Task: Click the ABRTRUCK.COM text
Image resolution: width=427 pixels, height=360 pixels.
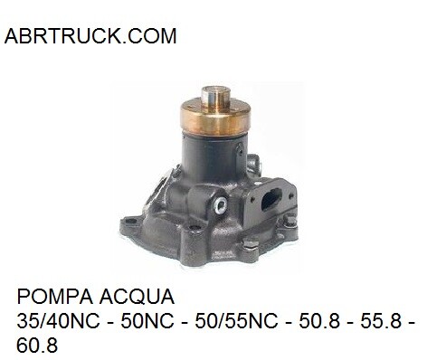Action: (x=90, y=36)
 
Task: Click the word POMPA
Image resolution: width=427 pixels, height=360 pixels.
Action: (x=54, y=297)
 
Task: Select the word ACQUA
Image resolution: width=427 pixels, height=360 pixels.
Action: (x=137, y=297)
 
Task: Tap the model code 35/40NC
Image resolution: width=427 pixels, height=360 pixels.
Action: (x=58, y=321)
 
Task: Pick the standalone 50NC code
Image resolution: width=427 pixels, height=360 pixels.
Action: (x=147, y=321)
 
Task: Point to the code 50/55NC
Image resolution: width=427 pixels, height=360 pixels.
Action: (x=236, y=321)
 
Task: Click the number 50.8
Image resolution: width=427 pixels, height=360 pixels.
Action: (x=319, y=321)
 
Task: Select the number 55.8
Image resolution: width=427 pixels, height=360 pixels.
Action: (x=381, y=321)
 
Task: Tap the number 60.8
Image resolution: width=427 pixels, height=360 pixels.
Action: (x=37, y=346)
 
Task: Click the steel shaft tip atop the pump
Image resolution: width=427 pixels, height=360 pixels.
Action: (x=216, y=97)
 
